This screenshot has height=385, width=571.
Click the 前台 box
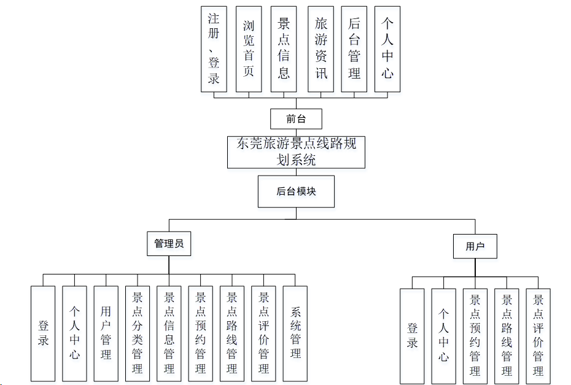click(296, 119)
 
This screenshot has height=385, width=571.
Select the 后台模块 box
click(296, 191)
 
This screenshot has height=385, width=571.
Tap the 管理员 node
click(169, 244)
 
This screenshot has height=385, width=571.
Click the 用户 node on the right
click(475, 246)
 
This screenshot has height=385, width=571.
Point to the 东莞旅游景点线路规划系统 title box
click(296, 152)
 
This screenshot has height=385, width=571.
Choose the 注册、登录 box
click(214, 49)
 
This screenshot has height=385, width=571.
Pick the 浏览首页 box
click(249, 49)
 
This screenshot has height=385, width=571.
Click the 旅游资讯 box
click(320, 49)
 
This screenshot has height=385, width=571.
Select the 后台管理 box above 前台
click(354, 49)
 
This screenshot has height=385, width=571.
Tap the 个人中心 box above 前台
click(387, 49)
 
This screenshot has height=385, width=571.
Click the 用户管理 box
click(106, 333)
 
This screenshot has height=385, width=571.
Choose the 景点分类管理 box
click(138, 333)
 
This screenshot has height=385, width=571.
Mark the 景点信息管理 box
click(169, 333)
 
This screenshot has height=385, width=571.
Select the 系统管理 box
click(295, 333)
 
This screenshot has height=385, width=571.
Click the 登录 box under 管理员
click(43, 333)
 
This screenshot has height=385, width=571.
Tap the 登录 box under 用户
click(412, 336)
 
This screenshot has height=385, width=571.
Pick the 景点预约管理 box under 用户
click(475, 336)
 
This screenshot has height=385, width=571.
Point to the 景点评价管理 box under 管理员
click(264, 333)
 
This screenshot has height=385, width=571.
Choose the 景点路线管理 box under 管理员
click(232, 333)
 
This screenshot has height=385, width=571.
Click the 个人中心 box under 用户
click(443, 336)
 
